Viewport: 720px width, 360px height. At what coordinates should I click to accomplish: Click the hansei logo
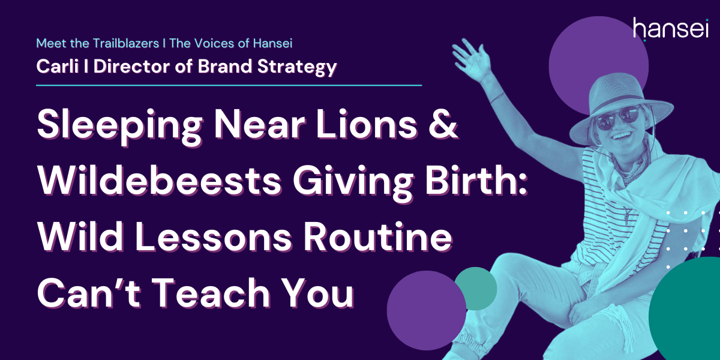tap(671, 29)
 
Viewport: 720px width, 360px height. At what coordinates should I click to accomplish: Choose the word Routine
tap(377, 236)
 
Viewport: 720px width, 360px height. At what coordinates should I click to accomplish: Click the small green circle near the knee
tap(476, 289)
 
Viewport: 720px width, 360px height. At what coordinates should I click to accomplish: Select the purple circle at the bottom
tap(427, 311)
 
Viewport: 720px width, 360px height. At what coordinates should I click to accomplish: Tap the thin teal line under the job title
tap(229, 85)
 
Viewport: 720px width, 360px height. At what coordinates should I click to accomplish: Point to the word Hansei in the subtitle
tap(272, 43)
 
